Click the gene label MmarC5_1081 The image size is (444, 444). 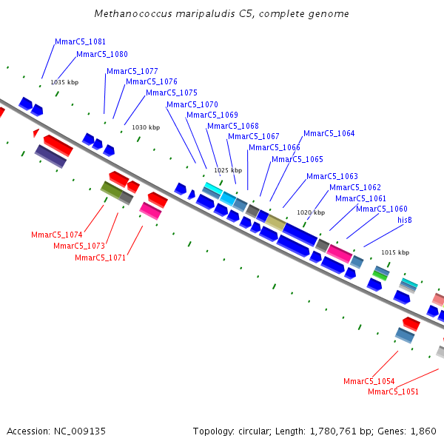(x=80, y=41)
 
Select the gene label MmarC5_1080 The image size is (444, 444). (x=102, y=54)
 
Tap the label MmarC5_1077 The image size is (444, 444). (x=132, y=71)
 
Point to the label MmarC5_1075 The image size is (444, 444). (x=172, y=92)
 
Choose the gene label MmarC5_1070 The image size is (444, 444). (x=192, y=104)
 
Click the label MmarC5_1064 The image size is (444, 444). (x=329, y=133)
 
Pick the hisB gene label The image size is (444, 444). (x=405, y=220)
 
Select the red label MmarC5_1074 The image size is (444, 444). (x=56, y=235)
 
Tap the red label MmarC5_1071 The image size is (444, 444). (x=100, y=258)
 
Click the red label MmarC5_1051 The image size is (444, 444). (x=393, y=391)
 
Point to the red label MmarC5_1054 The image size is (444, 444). (x=369, y=381)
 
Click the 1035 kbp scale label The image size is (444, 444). (x=64, y=82)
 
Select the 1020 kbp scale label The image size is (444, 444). (x=311, y=212)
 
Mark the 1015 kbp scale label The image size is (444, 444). (x=395, y=252)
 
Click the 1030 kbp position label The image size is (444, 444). (x=146, y=127)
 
